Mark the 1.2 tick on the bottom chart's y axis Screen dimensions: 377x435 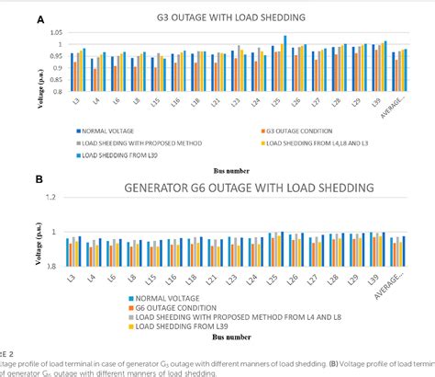tap(62, 197)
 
